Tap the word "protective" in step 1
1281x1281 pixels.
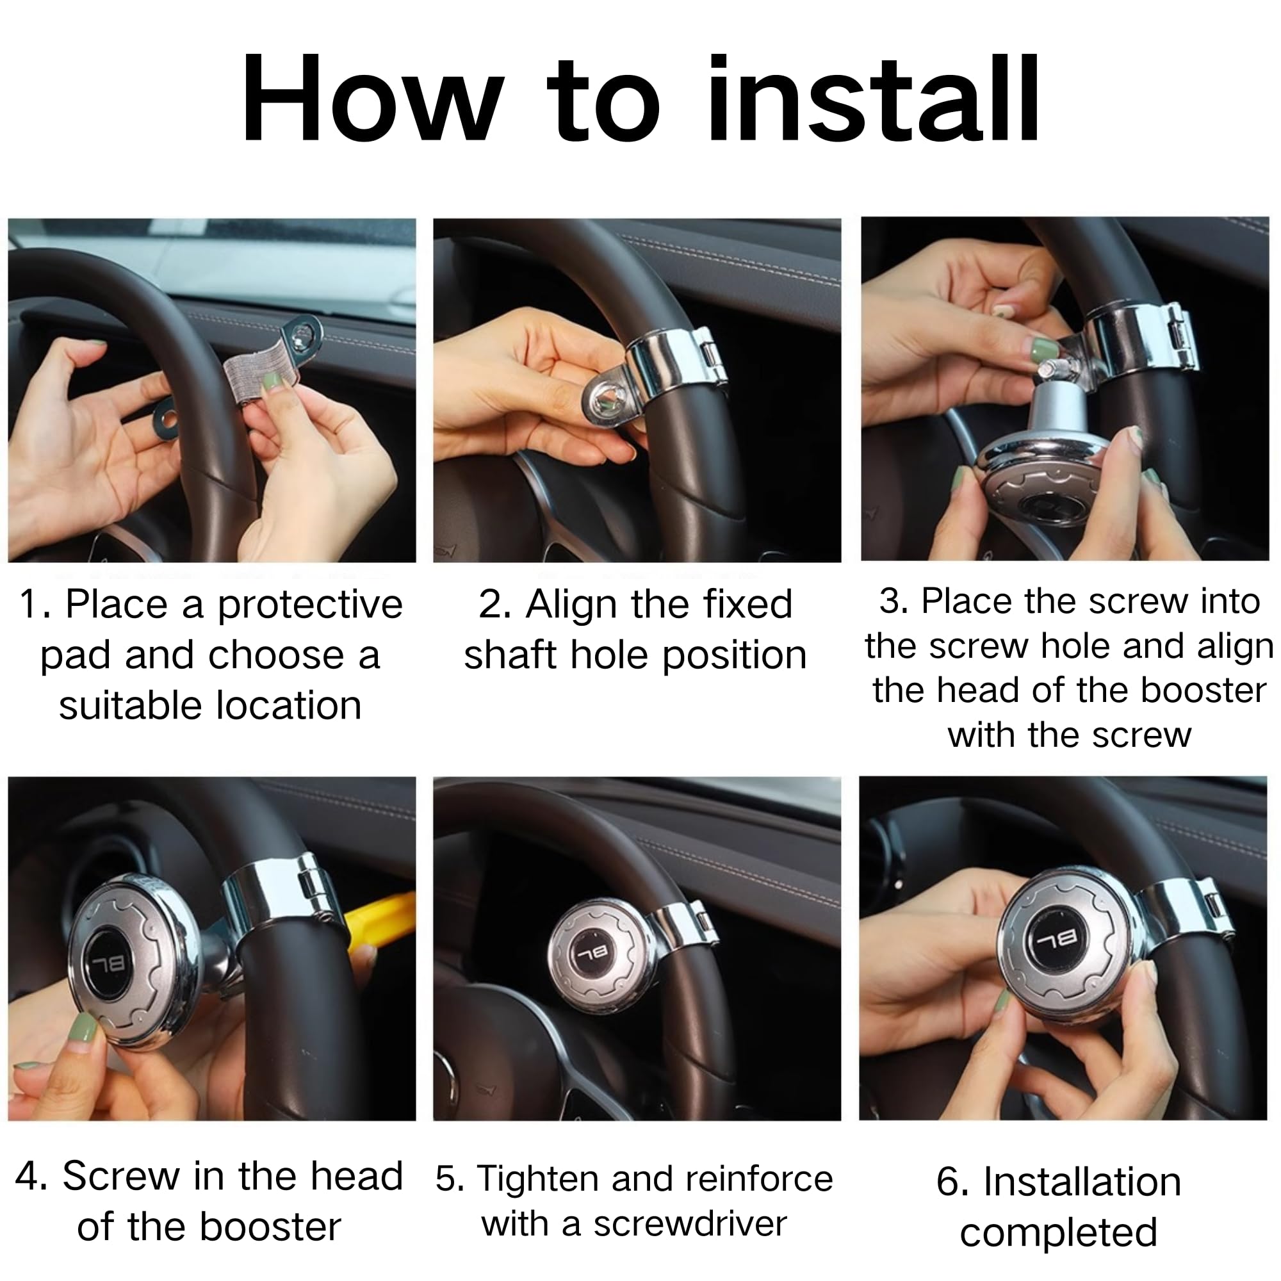pos(309,606)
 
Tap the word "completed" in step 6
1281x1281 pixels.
pos(1058,1233)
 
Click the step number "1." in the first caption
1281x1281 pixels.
pos(36,605)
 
